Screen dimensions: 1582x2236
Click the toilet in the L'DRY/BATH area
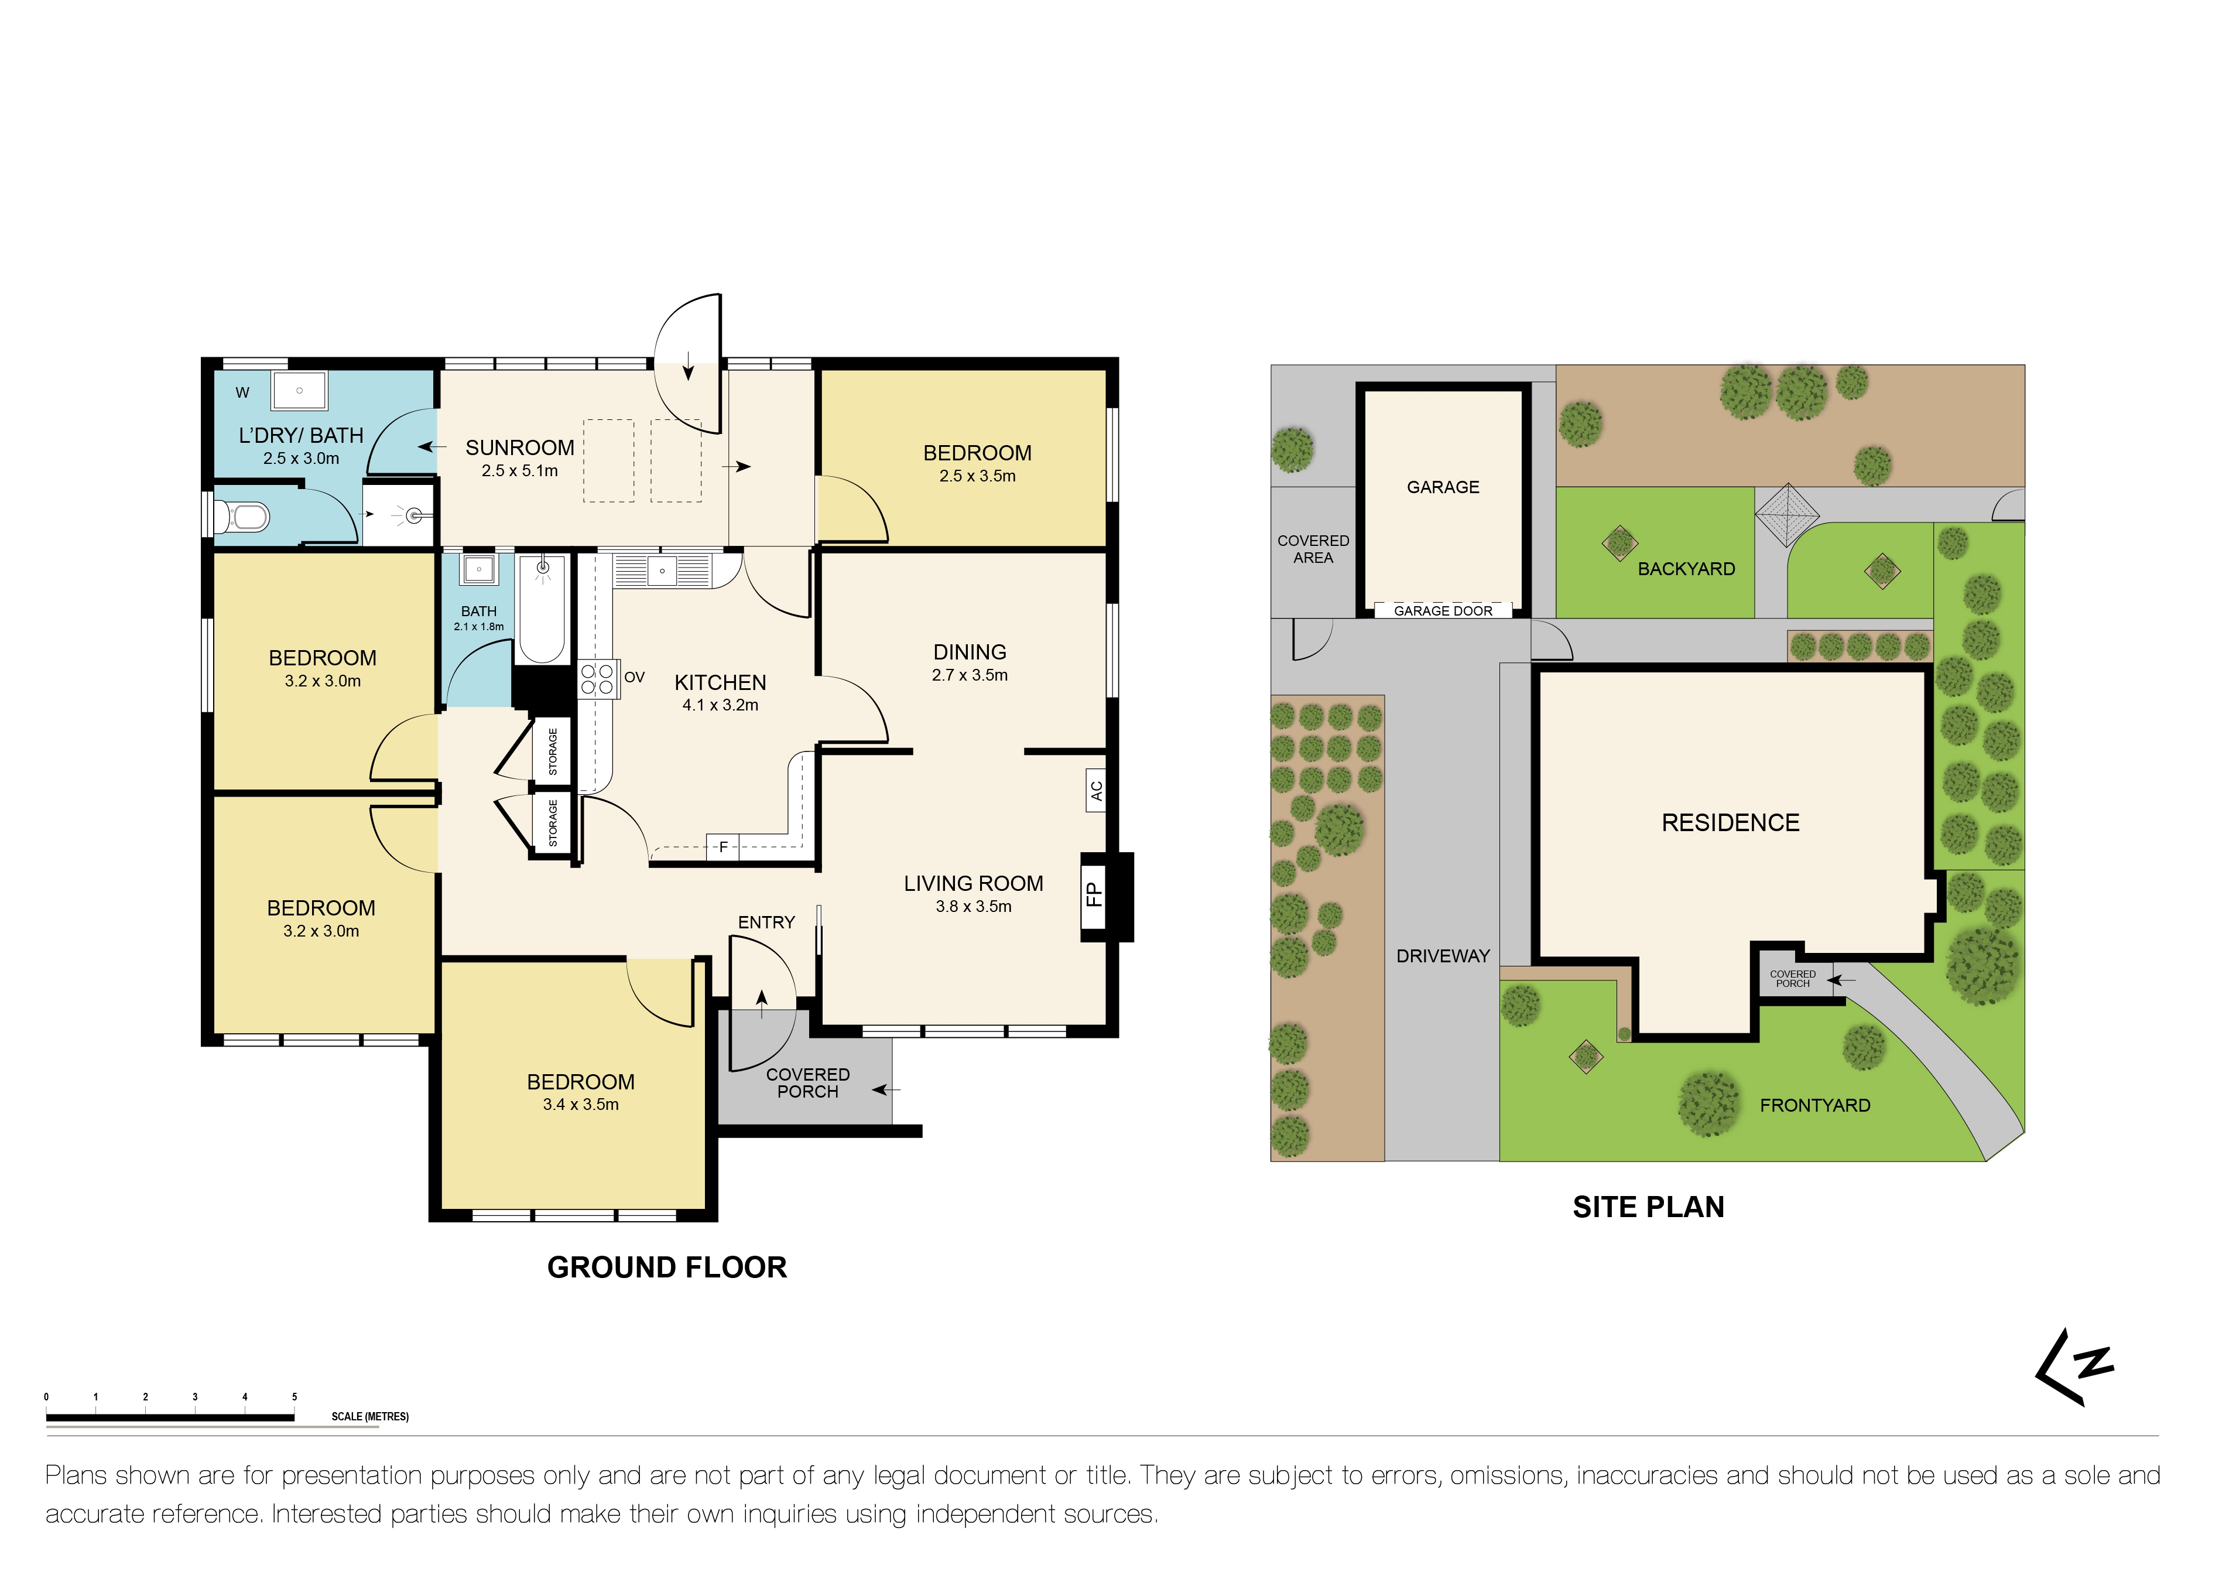244,515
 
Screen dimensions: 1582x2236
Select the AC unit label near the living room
1097,791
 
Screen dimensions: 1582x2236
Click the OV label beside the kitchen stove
634,677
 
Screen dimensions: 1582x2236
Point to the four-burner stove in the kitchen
597,679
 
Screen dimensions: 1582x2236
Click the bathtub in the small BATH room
542,609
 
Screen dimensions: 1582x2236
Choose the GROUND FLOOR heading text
666,1267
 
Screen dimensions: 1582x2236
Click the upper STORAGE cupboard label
553,751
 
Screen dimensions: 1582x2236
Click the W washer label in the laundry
242,392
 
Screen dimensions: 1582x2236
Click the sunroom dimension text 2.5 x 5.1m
519,471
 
